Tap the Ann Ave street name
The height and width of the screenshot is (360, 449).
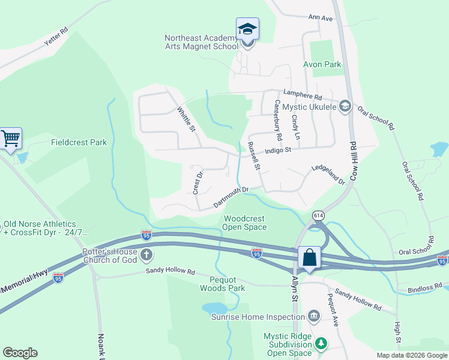(321, 19)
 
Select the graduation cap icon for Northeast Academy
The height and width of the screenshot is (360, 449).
(247, 29)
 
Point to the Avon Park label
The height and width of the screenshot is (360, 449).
(324, 64)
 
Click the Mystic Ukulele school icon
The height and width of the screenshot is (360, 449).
(345, 106)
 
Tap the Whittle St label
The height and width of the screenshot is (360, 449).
(186, 119)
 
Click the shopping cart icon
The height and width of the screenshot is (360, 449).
(11, 139)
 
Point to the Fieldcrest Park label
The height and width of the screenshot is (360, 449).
(79, 143)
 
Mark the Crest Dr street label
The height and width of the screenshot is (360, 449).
(197, 182)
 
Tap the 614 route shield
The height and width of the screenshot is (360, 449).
(318, 215)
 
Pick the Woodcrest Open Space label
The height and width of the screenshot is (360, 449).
(244, 223)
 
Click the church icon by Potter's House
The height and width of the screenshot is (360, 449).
(146, 256)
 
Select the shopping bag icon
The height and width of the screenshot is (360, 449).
(309, 257)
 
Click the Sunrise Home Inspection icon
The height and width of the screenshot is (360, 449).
(313, 316)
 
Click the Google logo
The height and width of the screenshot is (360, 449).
(20, 353)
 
